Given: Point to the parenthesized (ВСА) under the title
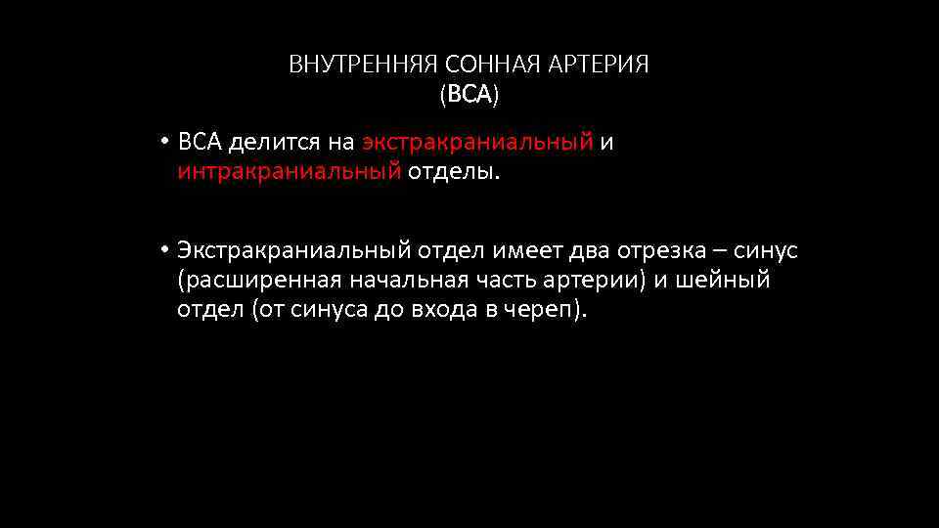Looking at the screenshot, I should click(x=469, y=96).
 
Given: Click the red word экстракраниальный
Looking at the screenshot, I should click(x=477, y=143).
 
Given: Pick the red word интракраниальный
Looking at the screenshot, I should click(x=289, y=173).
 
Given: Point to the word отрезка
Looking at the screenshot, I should click(x=657, y=251).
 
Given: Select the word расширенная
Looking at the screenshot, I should click(x=259, y=282).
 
